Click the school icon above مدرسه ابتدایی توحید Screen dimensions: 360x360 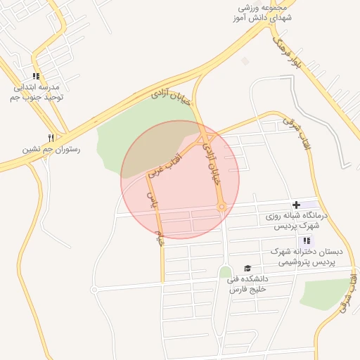[x=36, y=76]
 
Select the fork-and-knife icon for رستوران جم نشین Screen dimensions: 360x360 [x=51, y=138]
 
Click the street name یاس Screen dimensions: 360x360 [x=150, y=200]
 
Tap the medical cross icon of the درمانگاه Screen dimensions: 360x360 [x=296, y=205]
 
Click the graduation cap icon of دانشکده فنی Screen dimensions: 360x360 [x=247, y=268]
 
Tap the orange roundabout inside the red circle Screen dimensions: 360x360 [x=221, y=207]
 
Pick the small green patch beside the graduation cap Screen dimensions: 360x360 [x=225, y=271]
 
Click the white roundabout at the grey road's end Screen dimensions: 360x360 [x=94, y=289]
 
